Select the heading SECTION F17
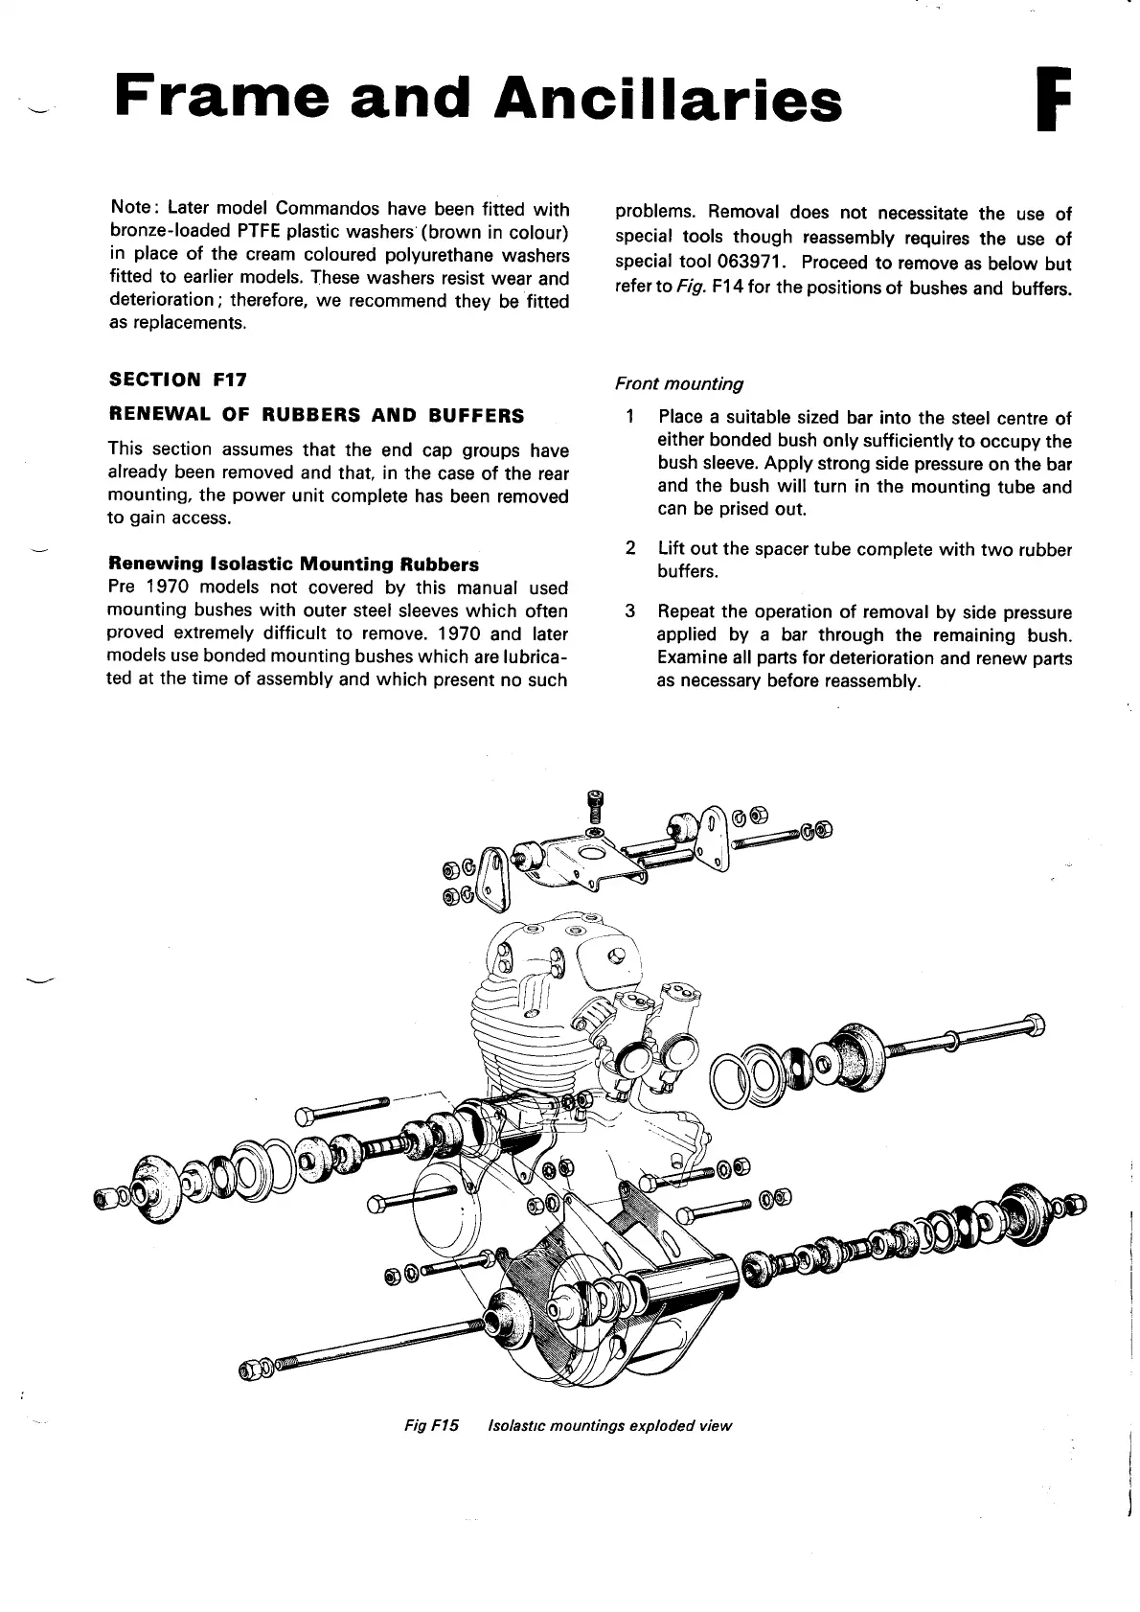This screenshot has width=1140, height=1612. click(178, 379)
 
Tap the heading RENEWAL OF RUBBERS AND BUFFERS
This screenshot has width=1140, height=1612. click(317, 415)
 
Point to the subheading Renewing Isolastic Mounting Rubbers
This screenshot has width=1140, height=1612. click(293, 564)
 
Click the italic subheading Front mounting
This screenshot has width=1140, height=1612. click(679, 383)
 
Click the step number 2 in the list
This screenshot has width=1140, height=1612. click(629, 548)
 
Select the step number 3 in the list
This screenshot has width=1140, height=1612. click(629, 611)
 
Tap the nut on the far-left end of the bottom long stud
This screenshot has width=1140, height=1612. click(251, 1369)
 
